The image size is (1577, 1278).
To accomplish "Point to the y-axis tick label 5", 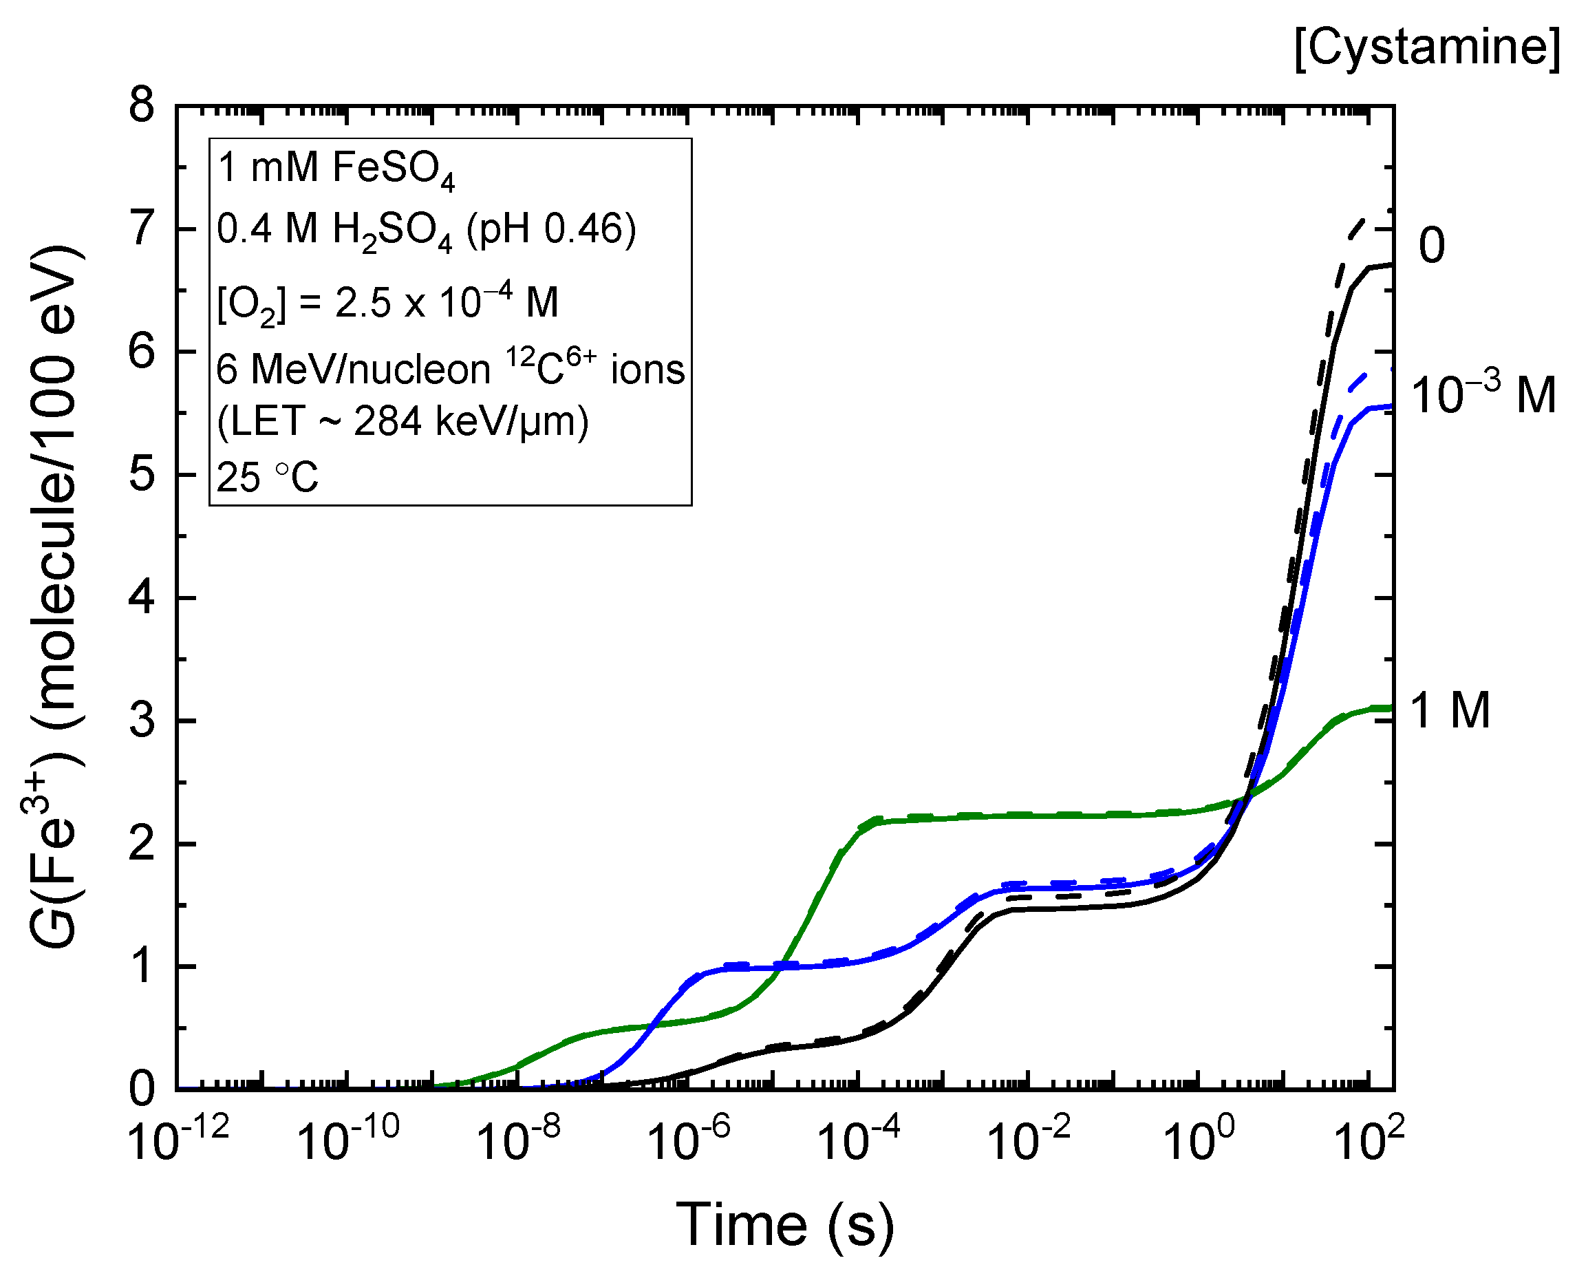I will (142, 475).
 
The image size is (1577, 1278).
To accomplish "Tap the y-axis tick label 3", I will (142, 721).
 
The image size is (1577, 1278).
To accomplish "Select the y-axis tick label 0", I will (142, 1089).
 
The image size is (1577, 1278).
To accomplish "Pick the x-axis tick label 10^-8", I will (518, 1142).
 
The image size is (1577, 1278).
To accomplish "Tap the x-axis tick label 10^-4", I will (857, 1142).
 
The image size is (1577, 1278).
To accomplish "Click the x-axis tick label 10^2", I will (1368, 1142).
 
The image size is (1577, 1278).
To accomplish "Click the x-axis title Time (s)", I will (784, 1225).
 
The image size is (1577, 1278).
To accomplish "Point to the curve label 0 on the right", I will (1430, 245).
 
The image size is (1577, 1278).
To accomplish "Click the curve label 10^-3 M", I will (1483, 394).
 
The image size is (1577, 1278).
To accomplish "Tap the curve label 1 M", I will (1450, 711).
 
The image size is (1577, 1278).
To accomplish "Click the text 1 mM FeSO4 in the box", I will (336, 169).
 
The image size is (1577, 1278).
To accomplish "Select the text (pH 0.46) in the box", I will (551, 229).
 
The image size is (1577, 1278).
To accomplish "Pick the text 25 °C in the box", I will (268, 478).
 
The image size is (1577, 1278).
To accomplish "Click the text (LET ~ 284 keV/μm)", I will (403, 423).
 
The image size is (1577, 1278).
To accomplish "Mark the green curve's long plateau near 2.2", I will (1030, 815).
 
